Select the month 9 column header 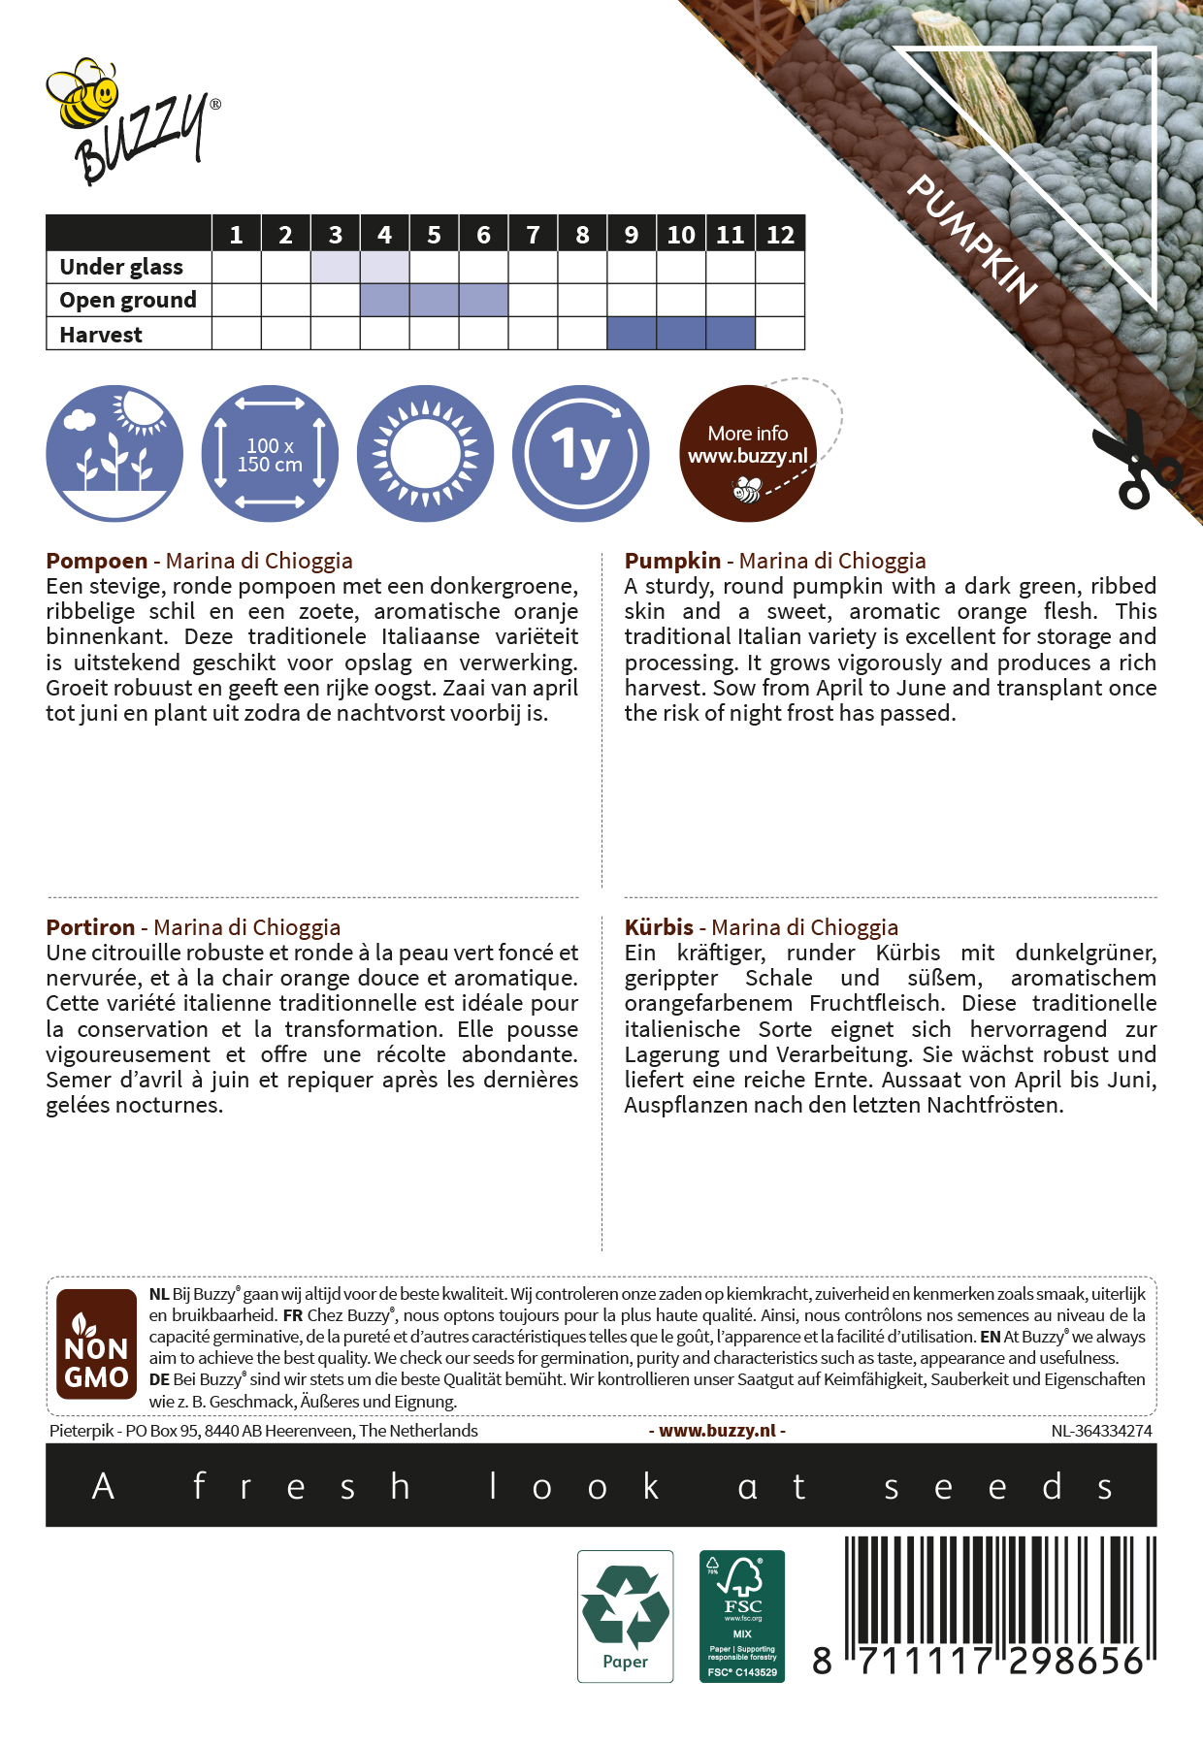coord(632,235)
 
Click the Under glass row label coord(121,267)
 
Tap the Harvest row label coord(101,335)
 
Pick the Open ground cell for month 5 coord(434,300)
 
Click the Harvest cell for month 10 coord(681,334)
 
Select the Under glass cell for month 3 coord(335,267)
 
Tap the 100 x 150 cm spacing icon coord(270,454)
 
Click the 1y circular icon coord(580,454)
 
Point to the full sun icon coord(425,454)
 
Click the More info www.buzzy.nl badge coord(748,454)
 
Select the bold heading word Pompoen coord(97,561)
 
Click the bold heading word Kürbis coord(659,927)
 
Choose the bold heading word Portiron coord(90,927)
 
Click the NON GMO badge coord(96,1343)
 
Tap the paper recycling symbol coord(625,1615)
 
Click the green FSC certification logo coord(742,1615)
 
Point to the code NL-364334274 coord(1101,1431)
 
